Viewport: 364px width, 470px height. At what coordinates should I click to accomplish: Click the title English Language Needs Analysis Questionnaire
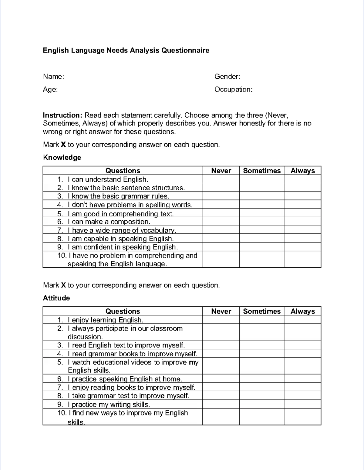click(x=126, y=50)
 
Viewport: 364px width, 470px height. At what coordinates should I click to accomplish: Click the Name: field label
click(x=53, y=76)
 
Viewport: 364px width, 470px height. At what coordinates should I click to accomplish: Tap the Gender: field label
click(x=227, y=76)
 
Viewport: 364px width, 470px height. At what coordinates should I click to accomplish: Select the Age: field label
click(x=50, y=89)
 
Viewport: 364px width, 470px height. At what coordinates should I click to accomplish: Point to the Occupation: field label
click(x=233, y=89)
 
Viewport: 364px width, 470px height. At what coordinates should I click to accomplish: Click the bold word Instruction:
click(x=62, y=115)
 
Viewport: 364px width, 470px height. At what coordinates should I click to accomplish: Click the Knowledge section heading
click(x=62, y=157)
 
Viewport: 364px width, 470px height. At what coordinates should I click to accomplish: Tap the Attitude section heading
click(x=56, y=298)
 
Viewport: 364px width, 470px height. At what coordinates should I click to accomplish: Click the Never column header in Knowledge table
click(x=221, y=171)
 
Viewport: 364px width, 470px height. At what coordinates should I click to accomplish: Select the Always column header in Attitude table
click(x=302, y=311)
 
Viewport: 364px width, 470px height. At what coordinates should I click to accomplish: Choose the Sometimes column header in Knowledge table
click(x=262, y=171)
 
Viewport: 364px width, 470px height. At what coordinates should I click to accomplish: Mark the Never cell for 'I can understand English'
click(x=221, y=179)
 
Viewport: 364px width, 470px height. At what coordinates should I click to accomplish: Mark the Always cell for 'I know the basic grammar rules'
click(x=302, y=196)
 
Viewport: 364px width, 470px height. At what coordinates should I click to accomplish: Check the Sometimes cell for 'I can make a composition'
click(x=262, y=222)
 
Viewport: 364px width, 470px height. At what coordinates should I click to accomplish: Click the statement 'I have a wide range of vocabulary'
click(x=122, y=230)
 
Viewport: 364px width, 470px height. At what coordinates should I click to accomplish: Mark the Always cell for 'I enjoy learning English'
click(x=302, y=320)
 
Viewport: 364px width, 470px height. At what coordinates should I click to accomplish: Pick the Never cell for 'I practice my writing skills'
click(x=221, y=404)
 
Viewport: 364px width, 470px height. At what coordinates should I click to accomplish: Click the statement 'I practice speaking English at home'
click(x=125, y=379)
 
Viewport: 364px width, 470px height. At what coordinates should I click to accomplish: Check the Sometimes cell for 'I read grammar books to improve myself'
click(x=262, y=354)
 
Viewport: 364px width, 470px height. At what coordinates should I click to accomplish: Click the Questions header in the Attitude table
click(x=123, y=311)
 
